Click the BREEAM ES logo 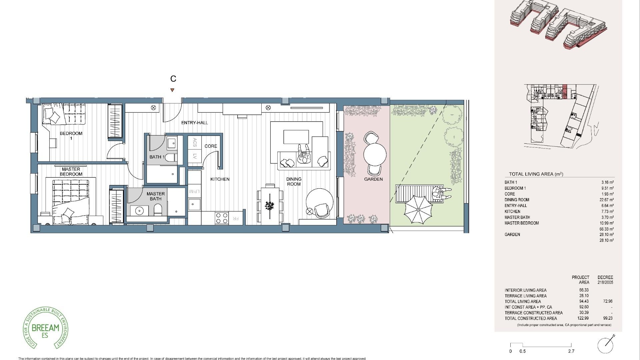45,328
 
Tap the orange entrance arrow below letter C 172,90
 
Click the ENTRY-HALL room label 194,123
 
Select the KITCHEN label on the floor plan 220,179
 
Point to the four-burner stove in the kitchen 222,218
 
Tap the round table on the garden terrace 375,154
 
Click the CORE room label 211,146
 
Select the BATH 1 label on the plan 157,157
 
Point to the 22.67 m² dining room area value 607,200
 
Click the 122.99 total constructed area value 583,318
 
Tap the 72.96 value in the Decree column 607,301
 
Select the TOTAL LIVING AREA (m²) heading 536,174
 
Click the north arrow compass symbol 606,345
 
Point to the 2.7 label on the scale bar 571,351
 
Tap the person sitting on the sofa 304,156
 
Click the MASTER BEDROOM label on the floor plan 71,172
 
